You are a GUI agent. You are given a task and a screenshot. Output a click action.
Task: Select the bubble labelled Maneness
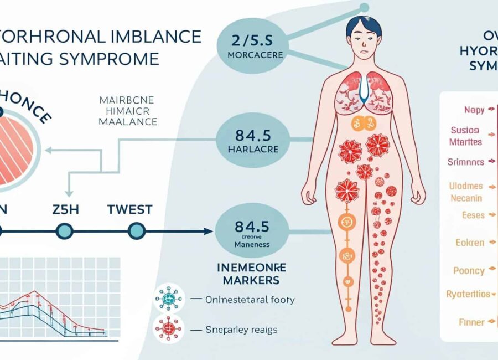(252, 232)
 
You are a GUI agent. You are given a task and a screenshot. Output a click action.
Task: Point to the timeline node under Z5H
(65, 231)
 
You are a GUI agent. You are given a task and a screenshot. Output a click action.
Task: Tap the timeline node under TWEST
(136, 231)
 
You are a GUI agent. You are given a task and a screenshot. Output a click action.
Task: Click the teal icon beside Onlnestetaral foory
(168, 300)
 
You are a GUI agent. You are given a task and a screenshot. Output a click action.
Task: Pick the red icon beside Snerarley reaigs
(168, 330)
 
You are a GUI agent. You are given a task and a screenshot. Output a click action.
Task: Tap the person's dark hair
(364, 25)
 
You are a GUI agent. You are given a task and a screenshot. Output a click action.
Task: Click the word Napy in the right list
(473, 110)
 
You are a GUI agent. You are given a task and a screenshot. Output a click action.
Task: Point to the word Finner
(472, 322)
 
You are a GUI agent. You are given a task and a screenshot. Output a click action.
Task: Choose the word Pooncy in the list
(469, 270)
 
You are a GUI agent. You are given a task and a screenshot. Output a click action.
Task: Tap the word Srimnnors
(465, 162)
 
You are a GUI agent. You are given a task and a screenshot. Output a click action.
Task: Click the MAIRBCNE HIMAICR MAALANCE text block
(127, 111)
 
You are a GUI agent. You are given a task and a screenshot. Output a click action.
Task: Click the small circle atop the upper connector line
(364, 7)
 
